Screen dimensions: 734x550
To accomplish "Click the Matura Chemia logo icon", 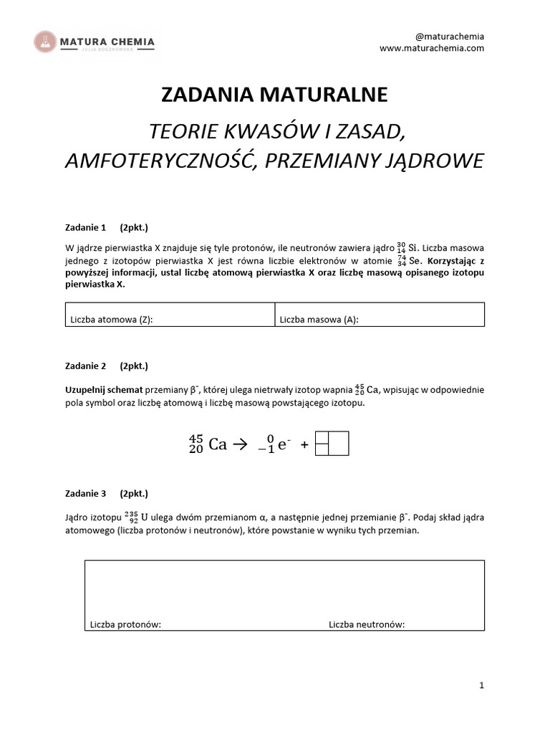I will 47,42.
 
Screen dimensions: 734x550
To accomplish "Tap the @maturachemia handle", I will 450,36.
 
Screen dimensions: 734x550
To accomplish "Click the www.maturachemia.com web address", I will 432,48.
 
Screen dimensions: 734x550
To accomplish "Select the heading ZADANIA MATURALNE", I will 274,95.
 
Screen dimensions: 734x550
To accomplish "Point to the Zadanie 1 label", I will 85,228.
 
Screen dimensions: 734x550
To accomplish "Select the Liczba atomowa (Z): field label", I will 111,320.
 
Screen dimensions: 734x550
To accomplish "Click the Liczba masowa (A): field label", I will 319,320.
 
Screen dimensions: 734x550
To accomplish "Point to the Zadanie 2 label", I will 85,366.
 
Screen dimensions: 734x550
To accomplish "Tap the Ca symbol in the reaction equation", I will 217,444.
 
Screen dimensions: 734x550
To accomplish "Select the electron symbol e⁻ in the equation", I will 283,444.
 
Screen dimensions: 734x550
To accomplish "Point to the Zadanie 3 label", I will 85,493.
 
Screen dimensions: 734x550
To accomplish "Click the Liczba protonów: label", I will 125,624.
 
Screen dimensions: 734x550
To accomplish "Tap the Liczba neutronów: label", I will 367,624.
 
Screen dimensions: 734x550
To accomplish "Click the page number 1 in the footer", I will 482,686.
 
